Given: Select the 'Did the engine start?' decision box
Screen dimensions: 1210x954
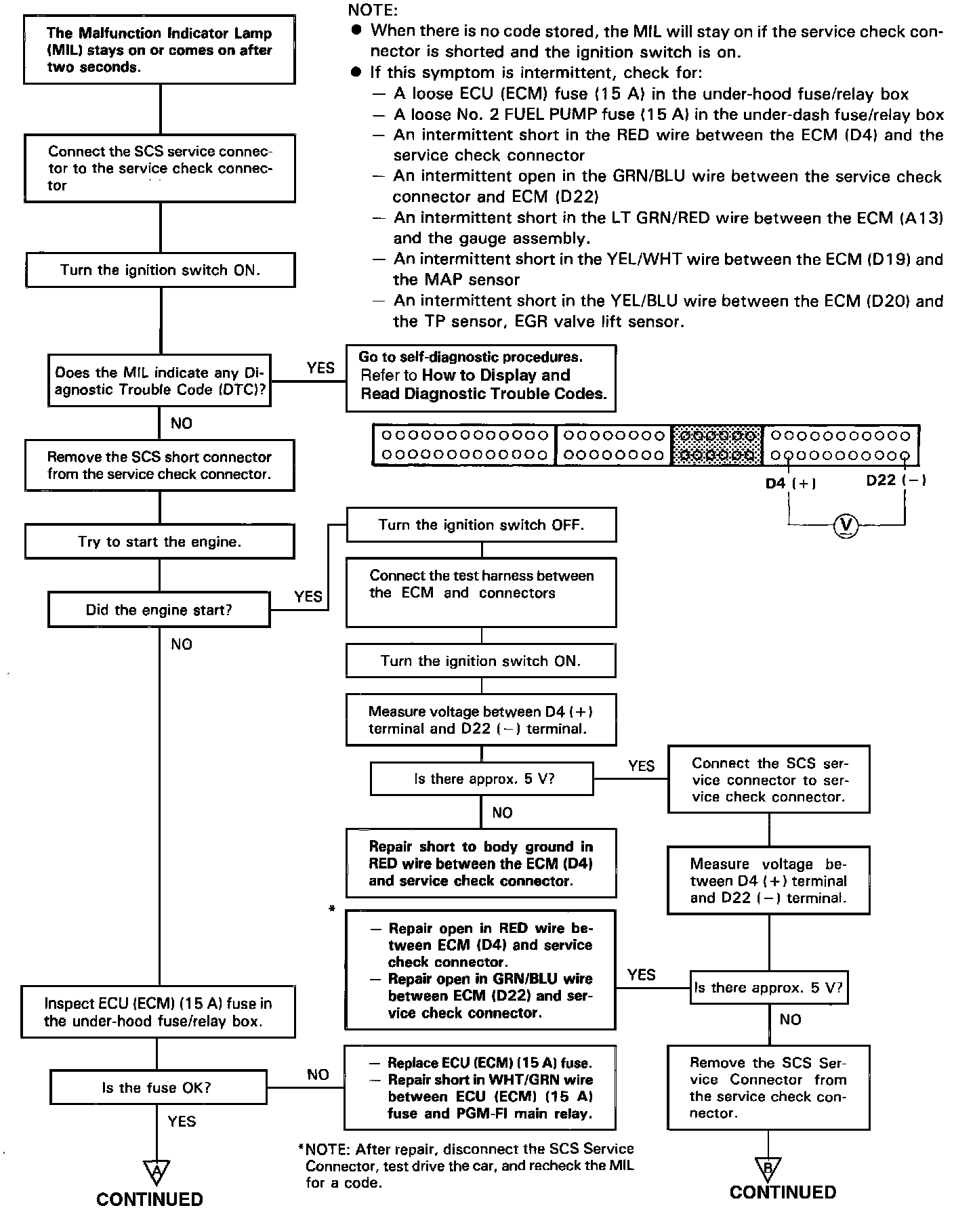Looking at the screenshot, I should click(159, 610).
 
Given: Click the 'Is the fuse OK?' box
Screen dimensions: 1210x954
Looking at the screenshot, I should click(157, 1087).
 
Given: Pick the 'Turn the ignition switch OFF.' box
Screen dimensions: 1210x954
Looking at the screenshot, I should click(481, 525).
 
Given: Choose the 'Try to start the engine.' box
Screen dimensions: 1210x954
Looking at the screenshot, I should click(159, 542).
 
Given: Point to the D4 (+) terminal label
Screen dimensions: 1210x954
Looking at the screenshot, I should click(790, 483).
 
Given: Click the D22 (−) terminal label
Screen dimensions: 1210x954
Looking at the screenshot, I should click(896, 480).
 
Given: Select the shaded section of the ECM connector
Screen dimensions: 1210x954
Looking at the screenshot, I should click(717, 445).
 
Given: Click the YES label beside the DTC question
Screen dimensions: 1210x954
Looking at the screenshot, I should click(320, 368).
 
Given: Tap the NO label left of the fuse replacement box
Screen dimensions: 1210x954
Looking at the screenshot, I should click(318, 1075).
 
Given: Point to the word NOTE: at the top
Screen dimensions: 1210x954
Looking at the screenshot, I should click(373, 10).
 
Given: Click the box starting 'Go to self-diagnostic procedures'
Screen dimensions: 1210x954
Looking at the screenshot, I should click(481, 378).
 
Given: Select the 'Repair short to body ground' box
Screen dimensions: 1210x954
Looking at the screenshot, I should click(481, 863).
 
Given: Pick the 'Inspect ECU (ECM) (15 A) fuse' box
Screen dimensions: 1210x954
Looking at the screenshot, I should click(158, 1012).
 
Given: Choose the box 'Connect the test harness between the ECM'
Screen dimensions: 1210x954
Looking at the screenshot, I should click(481, 592).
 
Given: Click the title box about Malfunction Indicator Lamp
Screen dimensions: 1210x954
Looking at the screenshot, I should click(159, 50).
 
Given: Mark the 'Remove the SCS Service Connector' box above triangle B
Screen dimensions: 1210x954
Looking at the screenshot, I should click(768, 1087).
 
